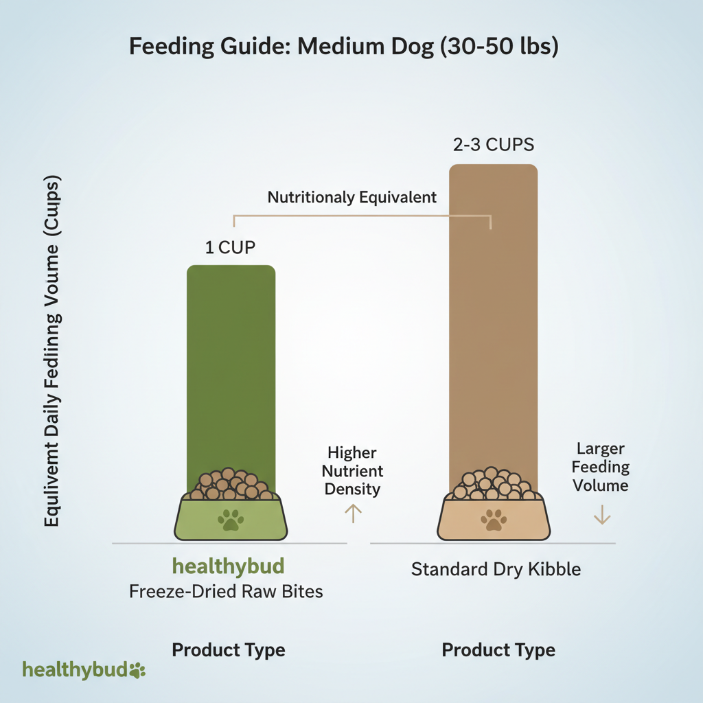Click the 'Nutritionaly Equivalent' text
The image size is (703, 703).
click(352, 198)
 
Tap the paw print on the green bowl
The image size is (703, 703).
click(231, 520)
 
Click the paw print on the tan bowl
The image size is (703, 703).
click(493, 520)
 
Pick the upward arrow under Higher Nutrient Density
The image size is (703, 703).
click(352, 513)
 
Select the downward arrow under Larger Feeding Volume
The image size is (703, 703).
click(602, 514)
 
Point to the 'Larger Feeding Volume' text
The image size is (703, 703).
click(601, 467)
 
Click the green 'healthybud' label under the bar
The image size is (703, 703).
click(228, 567)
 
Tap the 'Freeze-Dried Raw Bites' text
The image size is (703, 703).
click(226, 590)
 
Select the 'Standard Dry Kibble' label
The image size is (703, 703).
click(496, 569)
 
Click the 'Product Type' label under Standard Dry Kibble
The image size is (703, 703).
click(498, 649)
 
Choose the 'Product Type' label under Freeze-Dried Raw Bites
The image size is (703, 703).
click(228, 649)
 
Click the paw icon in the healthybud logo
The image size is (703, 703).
click(137, 670)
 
